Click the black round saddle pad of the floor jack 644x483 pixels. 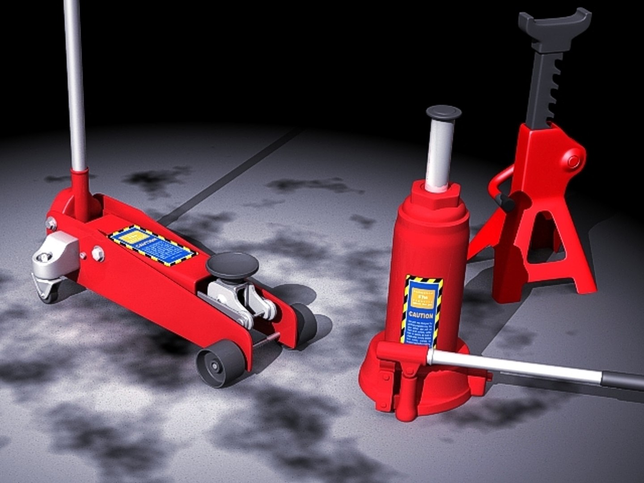[x=232, y=264]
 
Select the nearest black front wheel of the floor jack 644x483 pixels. [x=220, y=363]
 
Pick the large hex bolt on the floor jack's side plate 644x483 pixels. [x=97, y=254]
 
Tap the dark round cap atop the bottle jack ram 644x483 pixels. [x=443, y=112]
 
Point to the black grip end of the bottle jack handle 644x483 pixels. [x=624, y=381]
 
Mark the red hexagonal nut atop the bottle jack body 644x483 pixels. [x=434, y=197]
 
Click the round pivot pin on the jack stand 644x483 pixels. [x=573, y=160]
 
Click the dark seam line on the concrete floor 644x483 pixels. [x=233, y=174]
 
